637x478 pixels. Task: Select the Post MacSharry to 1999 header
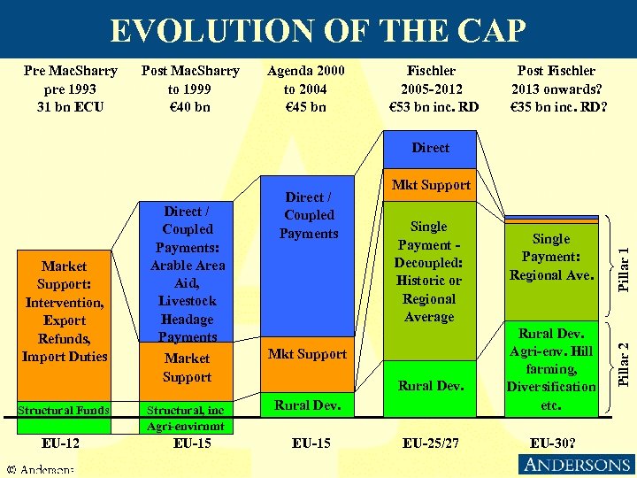(189, 89)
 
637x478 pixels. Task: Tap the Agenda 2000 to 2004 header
(305, 89)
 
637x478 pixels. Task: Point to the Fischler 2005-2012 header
(431, 89)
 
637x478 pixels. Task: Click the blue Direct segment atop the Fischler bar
(430, 148)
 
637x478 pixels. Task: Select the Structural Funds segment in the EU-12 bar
(64, 410)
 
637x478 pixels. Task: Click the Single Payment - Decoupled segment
(429, 272)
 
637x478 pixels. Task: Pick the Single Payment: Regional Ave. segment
(550, 257)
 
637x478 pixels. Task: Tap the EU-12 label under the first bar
(61, 442)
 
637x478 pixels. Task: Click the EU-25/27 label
(430, 442)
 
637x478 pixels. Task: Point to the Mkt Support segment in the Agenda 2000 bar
(307, 354)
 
